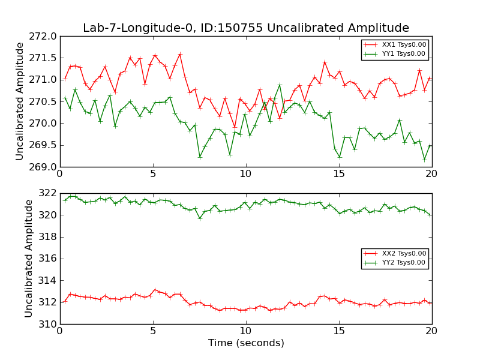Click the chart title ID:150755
coord(246,28)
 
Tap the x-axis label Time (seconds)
coord(246,343)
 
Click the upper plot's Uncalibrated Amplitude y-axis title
coord(20,101)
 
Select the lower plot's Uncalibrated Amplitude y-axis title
coord(29,258)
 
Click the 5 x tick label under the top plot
coord(152,174)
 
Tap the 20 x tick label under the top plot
coord(432,174)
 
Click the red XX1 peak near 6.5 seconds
coord(180,54)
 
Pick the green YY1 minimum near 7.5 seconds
coord(200,157)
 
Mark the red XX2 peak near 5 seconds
coord(155,290)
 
